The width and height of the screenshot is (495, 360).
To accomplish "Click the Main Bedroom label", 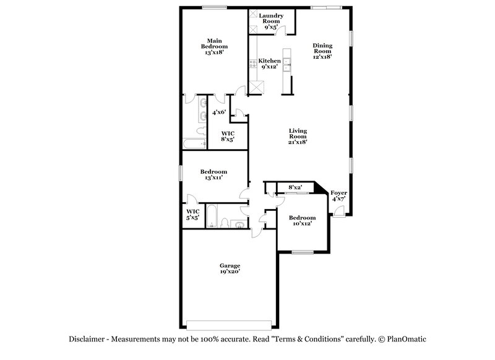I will click(x=214, y=46).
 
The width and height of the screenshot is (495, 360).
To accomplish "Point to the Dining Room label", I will click(x=322, y=51).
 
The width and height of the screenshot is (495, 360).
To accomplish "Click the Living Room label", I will click(x=298, y=136).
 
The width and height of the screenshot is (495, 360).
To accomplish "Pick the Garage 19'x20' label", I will click(x=229, y=268).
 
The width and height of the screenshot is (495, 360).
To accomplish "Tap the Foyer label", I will click(x=338, y=196).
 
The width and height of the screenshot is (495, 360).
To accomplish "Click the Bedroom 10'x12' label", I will click(x=302, y=221).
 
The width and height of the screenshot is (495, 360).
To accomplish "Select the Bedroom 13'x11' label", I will click(x=213, y=174).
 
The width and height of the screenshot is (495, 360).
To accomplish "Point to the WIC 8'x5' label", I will click(x=228, y=136).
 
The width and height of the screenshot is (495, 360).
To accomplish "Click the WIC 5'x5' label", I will click(x=192, y=215).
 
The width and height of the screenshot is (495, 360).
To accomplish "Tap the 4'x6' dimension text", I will click(x=220, y=113).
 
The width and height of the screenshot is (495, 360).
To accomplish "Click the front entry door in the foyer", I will click(x=338, y=212).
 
